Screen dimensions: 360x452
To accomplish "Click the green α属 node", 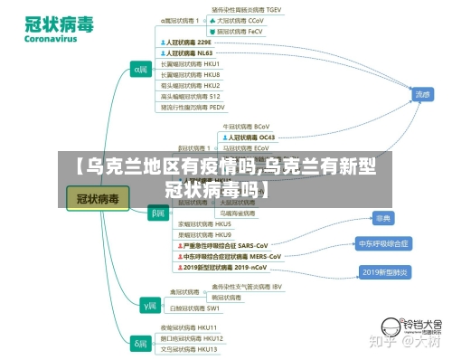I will tap(141, 68).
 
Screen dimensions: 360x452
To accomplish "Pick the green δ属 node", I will tap(141, 343).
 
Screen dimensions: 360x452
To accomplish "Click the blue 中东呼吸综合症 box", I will tap(384, 243).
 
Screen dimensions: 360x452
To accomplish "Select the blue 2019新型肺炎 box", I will tap(384, 271).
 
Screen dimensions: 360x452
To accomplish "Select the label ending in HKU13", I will tap(189, 348).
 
